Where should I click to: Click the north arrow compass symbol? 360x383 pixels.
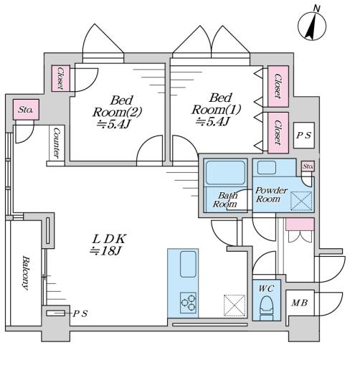click(x=312, y=26)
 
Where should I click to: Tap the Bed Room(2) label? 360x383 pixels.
click(x=117, y=112)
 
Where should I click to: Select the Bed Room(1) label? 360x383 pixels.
click(x=216, y=110)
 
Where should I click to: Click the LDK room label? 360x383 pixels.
click(x=108, y=245)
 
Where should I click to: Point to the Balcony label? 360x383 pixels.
click(x=25, y=273)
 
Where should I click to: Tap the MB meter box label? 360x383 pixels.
click(x=300, y=303)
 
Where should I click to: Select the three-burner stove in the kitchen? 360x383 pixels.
click(x=189, y=303)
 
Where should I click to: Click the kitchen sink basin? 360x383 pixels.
click(x=188, y=264)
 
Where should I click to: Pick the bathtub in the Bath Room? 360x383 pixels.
click(x=225, y=172)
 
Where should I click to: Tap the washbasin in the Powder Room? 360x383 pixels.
click(x=267, y=168)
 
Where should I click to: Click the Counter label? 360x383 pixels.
click(x=57, y=143)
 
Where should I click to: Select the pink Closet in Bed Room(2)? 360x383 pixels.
click(x=61, y=78)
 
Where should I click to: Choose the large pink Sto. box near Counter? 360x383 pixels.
click(x=26, y=110)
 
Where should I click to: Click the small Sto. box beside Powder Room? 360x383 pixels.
click(x=308, y=166)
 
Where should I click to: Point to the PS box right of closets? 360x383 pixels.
click(x=304, y=135)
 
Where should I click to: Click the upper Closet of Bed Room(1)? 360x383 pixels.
click(x=278, y=86)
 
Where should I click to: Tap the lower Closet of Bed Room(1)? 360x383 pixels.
click(x=278, y=133)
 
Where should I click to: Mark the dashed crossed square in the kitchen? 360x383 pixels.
click(x=235, y=306)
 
